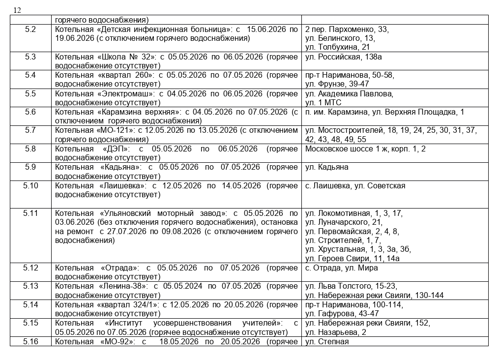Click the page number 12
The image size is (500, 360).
pyautogui.click(x=17, y=10)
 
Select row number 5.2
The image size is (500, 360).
pyautogui.click(x=30, y=30)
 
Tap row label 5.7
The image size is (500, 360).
pyautogui.click(x=30, y=130)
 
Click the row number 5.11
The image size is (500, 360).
pyautogui.click(x=30, y=213)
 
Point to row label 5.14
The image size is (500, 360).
pyautogui.click(x=30, y=304)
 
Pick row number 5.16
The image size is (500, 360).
pyautogui.click(x=30, y=342)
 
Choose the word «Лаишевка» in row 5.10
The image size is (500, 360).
pyautogui.click(x=122, y=186)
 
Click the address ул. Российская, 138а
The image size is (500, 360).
pyautogui.click(x=344, y=57)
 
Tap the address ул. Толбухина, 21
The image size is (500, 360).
pyautogui.click(x=337, y=47)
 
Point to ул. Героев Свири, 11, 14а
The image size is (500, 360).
pyautogui.click(x=352, y=259)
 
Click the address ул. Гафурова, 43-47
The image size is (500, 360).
pyautogui.click(x=342, y=314)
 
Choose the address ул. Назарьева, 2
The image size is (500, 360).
pyautogui.click(x=335, y=332)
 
